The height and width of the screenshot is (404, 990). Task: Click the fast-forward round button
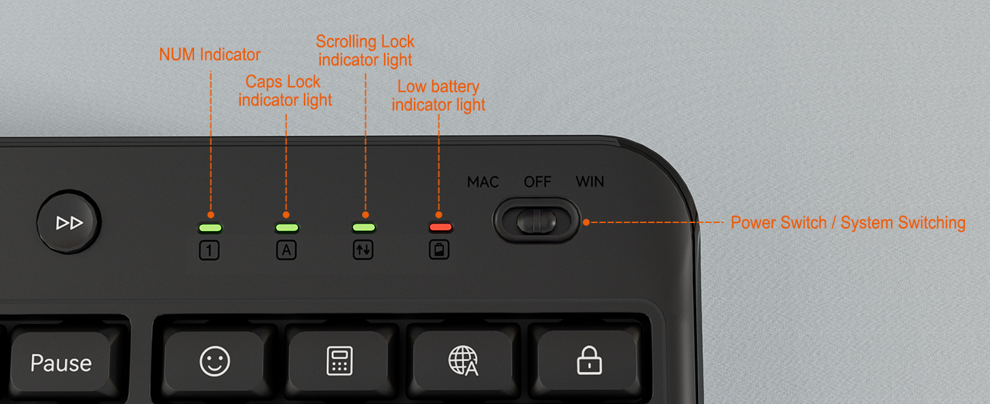[69, 222]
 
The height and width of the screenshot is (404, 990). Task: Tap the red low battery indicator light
[440, 227]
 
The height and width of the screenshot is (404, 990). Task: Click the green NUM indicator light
[210, 228]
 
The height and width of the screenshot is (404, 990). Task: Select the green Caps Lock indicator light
[287, 228]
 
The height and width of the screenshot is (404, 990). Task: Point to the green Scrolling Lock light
[364, 227]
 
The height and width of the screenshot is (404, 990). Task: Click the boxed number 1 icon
[209, 250]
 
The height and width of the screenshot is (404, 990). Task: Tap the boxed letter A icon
[286, 250]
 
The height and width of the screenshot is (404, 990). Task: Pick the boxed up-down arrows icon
[363, 250]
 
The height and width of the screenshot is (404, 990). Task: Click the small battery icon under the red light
[439, 249]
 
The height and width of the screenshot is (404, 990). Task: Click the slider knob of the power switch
[537, 220]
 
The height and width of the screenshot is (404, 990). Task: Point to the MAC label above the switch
[482, 182]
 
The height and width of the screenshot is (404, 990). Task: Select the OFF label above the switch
[537, 182]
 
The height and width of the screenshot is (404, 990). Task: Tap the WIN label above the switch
[590, 182]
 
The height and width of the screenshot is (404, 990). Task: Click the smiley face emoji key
[215, 361]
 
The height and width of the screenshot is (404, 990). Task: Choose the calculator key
[339, 361]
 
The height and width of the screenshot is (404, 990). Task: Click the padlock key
[589, 361]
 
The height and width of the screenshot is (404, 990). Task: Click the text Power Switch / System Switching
[848, 222]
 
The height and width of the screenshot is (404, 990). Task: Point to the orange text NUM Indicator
[210, 55]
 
